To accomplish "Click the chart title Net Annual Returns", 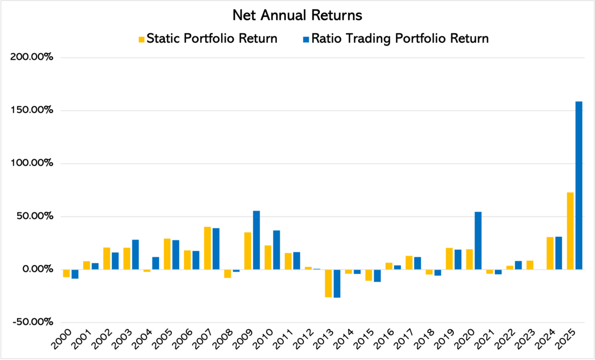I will click(x=297, y=15).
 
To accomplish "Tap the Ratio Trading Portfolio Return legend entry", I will click(x=399, y=39).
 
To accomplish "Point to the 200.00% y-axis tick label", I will click(x=33, y=58).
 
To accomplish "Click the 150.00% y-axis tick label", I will click(x=33, y=110).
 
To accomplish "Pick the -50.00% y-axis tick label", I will click(x=33, y=322).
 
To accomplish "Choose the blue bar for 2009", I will click(x=256, y=240).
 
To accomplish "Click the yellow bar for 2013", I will click(x=328, y=283).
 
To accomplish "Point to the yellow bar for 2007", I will click(x=207, y=248).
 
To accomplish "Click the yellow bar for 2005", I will click(x=167, y=254).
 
